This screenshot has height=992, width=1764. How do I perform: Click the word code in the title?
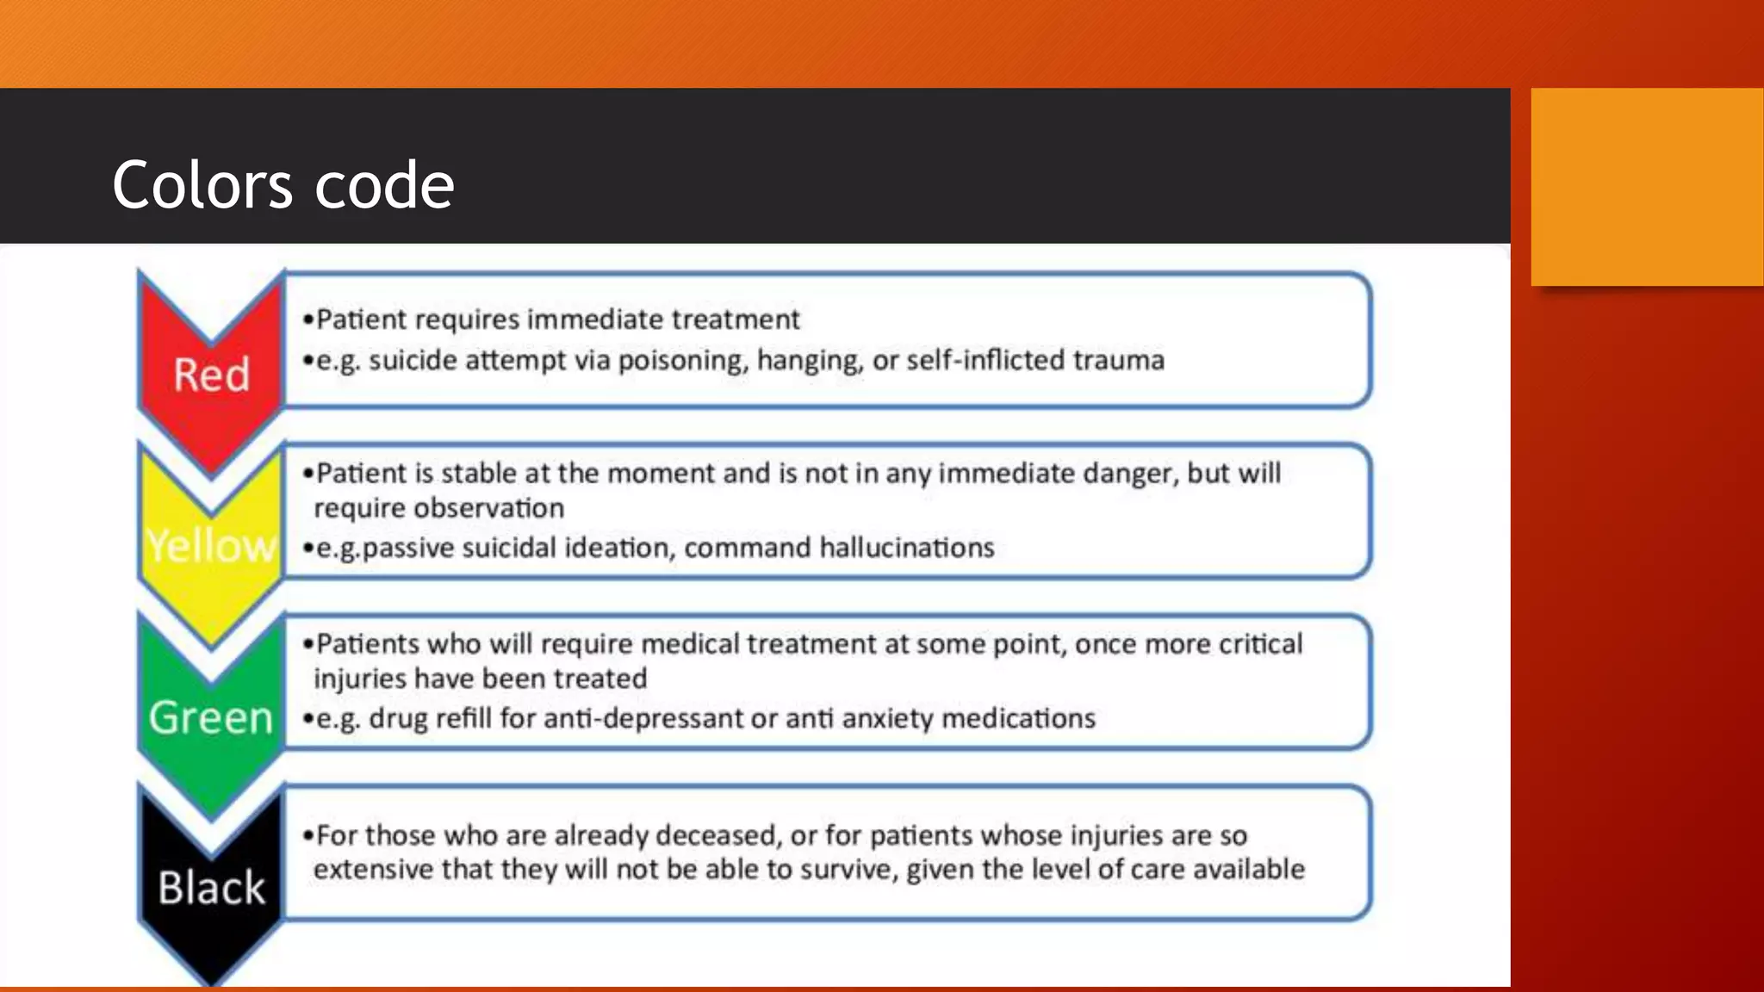coord(384,185)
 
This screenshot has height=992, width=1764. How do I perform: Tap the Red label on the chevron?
coord(211,375)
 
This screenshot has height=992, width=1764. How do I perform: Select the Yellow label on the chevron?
coord(211,545)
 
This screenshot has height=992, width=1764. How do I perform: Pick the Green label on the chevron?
coord(211,717)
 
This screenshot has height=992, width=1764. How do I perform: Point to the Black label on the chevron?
coord(211,888)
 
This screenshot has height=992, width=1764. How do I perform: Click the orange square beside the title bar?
coord(1647,187)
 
